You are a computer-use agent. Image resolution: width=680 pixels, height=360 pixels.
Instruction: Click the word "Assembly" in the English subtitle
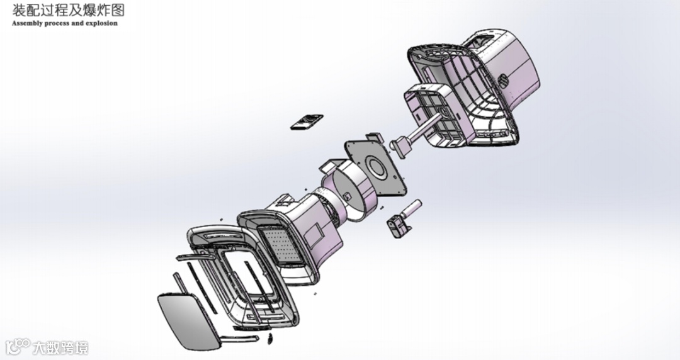pyautogui.click(x=28, y=23)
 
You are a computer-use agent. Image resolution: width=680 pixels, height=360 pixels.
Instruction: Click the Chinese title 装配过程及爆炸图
pyautogui.click(x=68, y=10)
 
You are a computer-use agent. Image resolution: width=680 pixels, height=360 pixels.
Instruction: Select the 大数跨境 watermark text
pyautogui.click(x=60, y=348)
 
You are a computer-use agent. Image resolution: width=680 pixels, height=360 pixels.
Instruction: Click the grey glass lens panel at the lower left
pyautogui.click(x=190, y=321)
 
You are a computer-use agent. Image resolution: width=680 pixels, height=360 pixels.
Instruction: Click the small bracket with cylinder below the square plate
pyautogui.click(x=402, y=218)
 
